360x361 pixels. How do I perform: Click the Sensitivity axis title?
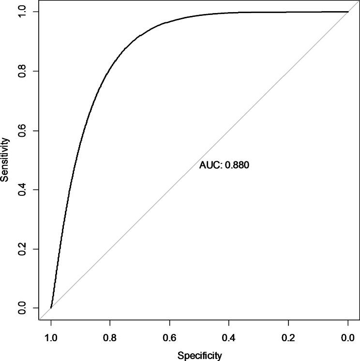[x=5, y=159]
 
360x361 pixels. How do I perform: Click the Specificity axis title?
[x=199, y=356]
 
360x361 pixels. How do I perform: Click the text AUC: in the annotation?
[x=210, y=165]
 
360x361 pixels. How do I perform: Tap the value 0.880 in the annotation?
[x=237, y=165]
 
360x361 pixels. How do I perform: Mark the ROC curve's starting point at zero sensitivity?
[x=51, y=308]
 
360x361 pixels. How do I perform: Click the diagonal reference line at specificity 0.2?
[x=288, y=71]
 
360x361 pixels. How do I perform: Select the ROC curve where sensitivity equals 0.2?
[x=59, y=249]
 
